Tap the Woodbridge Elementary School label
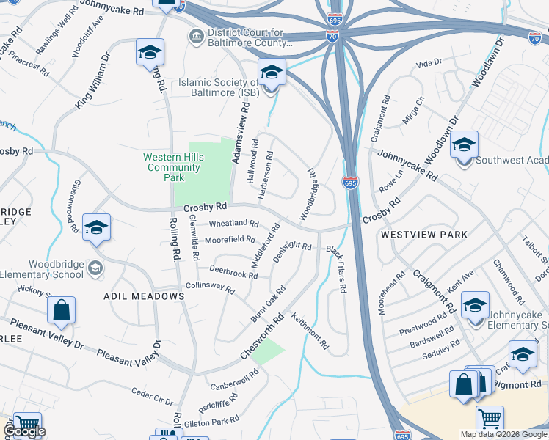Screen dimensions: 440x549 (x=56, y=269)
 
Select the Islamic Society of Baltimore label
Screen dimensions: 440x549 (x=219, y=87)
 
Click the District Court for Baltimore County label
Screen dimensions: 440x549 (x=250, y=37)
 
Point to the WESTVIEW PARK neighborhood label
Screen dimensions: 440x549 (x=423, y=235)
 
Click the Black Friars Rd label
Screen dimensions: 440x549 (x=337, y=269)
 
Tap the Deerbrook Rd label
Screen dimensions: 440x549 (x=233, y=272)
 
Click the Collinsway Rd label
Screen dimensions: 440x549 (x=210, y=288)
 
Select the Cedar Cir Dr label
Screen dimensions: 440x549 (x=153, y=397)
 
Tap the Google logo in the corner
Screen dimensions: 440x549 (x=24, y=431)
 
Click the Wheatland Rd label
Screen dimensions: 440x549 (x=233, y=223)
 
